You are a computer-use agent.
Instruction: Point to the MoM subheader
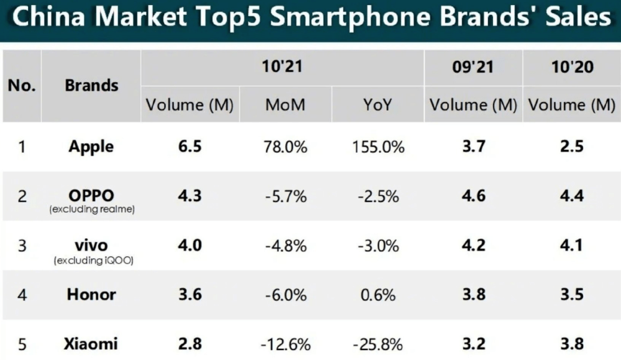pyautogui.click(x=285, y=105)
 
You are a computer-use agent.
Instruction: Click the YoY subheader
pyautogui.click(x=378, y=105)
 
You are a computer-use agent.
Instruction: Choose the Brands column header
pyautogui.click(x=91, y=85)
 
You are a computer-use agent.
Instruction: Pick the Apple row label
pyautogui.click(x=91, y=147)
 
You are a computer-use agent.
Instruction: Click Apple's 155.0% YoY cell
pyautogui.click(x=378, y=148)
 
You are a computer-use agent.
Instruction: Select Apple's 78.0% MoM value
pyautogui.click(x=285, y=148)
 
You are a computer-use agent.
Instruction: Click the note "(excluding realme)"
pyautogui.click(x=91, y=210)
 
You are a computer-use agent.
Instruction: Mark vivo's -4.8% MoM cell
pyautogui.click(x=285, y=246)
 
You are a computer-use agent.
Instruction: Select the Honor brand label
pyautogui.click(x=91, y=294)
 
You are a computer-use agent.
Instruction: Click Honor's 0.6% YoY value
pyautogui.click(x=378, y=294)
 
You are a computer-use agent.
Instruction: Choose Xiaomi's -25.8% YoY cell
pyautogui.click(x=378, y=343)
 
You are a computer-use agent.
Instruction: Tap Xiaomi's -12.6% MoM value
pyautogui.click(x=285, y=343)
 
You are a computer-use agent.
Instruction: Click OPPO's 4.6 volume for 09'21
pyautogui.click(x=473, y=196)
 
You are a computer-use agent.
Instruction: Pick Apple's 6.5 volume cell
pyautogui.click(x=189, y=147)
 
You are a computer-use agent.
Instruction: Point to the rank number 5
pyautogui.click(x=22, y=343)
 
